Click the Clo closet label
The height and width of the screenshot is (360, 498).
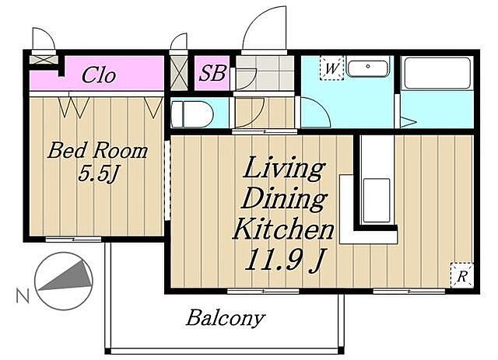pos(99,75)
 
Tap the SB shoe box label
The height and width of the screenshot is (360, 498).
pos(212,72)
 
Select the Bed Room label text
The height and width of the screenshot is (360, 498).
pos(97,151)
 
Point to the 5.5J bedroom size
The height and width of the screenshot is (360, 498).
pos(99,173)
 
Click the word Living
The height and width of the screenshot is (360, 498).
pos(283,168)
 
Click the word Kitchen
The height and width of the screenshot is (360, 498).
pos(283,229)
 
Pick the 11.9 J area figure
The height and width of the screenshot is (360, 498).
pos(285,259)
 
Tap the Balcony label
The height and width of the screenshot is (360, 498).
pos(226,318)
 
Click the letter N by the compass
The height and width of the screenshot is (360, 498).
pos(23,296)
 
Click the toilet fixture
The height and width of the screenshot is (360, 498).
pos(191,114)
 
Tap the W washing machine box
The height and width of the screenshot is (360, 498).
pos(332,68)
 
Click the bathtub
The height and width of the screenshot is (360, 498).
pos(438,73)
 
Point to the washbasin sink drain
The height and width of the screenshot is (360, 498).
pos(368,67)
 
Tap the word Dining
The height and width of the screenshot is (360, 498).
pos(284,199)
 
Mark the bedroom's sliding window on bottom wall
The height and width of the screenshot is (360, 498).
pos(73,239)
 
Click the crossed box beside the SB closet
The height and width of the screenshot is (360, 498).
pos(179,73)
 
